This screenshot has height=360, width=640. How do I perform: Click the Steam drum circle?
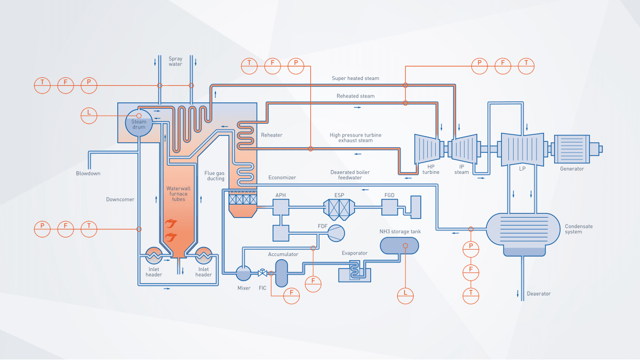[x=139, y=123]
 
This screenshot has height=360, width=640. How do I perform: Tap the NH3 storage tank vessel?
[x=399, y=245]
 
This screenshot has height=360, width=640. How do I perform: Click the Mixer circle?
[x=244, y=274]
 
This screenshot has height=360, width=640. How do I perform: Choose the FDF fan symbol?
[x=336, y=233]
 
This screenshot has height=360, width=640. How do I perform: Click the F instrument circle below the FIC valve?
[x=292, y=293]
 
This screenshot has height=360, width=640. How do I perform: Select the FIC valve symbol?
[x=262, y=273]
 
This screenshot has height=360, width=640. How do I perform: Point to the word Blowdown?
[x=87, y=173]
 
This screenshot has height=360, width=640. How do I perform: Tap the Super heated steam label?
[x=355, y=78]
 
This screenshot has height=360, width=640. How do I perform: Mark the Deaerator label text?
[x=539, y=293]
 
